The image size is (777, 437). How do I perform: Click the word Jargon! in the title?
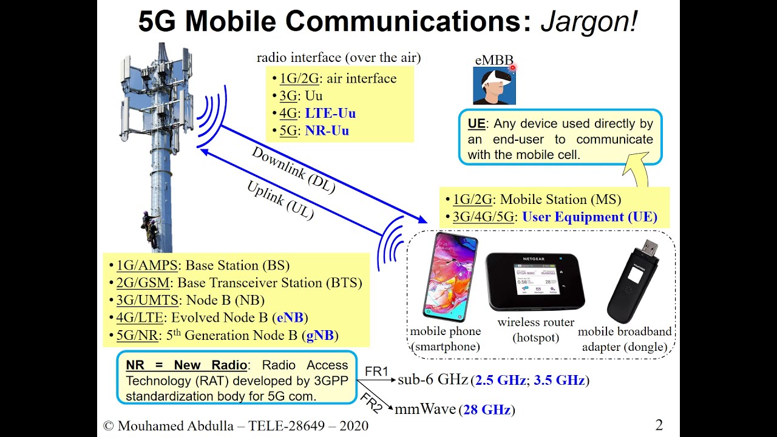click(x=589, y=21)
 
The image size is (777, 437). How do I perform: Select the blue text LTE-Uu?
click(x=330, y=113)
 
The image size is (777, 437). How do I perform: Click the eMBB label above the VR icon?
click(x=494, y=61)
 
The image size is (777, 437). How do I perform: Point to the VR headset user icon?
click(x=494, y=86)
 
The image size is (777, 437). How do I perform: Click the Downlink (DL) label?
click(x=293, y=171)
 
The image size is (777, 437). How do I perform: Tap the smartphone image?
click(x=450, y=277)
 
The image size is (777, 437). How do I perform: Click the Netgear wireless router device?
click(x=535, y=281)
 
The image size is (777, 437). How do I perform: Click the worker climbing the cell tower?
click(x=149, y=230)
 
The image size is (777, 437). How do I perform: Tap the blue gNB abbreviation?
click(x=321, y=336)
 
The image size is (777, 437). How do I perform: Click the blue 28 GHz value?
click(x=487, y=410)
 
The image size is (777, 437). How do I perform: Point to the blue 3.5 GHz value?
click(x=558, y=381)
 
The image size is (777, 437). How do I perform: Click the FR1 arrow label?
click(x=376, y=371)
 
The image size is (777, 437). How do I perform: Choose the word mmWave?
click(x=425, y=410)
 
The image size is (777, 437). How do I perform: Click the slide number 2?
click(x=659, y=425)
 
